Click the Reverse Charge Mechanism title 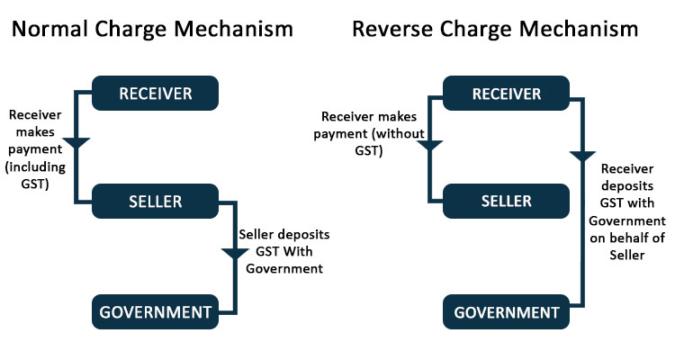tap(495, 29)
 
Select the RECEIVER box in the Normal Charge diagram tap(155, 94)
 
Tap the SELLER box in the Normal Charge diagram tap(155, 201)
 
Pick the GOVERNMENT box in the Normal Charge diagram tap(155, 312)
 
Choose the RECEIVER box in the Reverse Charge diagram tap(506, 94)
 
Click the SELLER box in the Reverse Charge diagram tap(506, 201)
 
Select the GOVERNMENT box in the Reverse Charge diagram tap(506, 312)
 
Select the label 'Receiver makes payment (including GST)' tap(36, 149)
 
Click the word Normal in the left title tap(48, 29)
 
